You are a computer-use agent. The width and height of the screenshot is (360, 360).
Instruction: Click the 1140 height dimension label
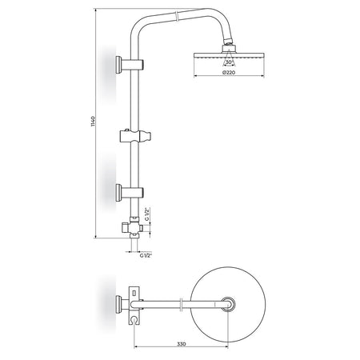pyautogui.click(x=93, y=122)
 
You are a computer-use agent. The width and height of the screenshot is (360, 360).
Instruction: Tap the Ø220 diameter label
pyautogui.click(x=229, y=72)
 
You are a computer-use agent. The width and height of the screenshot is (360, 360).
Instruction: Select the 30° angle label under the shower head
pyautogui.click(x=229, y=62)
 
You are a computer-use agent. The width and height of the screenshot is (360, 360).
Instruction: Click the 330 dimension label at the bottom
pyautogui.click(x=182, y=344)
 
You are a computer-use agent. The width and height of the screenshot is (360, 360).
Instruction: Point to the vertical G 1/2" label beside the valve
pyautogui.click(x=146, y=214)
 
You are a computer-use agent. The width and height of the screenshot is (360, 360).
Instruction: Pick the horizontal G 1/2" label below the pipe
pyautogui.click(x=146, y=255)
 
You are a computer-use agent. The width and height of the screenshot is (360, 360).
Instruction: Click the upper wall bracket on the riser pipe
pyautogui.click(x=130, y=64)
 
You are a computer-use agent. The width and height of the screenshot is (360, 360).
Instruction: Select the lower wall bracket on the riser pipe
pyautogui.click(x=130, y=192)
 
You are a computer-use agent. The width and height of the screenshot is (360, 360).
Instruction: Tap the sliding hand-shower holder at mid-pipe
pyautogui.click(x=135, y=136)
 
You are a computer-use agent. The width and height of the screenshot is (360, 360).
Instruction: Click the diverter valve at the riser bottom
pyautogui.click(x=133, y=227)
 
